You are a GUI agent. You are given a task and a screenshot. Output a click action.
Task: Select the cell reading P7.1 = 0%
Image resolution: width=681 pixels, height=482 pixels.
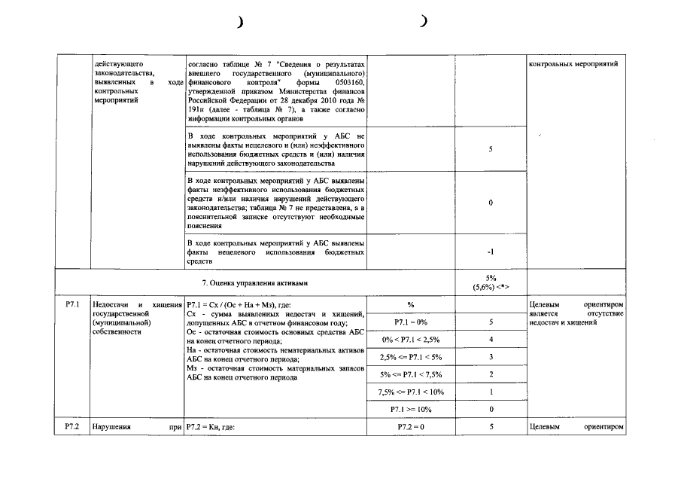[411, 322]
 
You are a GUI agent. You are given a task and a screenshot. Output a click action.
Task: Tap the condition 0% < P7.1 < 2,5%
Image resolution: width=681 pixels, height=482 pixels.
[411, 339]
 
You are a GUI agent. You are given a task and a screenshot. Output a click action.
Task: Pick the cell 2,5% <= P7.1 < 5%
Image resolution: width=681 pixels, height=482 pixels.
[411, 356]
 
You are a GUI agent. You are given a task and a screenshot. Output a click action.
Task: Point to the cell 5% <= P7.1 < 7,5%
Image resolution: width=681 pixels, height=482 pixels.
[411, 374]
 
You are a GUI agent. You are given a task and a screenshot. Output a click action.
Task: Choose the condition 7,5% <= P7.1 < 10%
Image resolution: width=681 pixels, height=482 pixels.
[411, 392]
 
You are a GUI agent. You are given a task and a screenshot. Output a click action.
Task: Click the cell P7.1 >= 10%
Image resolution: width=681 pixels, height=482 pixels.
[411, 409]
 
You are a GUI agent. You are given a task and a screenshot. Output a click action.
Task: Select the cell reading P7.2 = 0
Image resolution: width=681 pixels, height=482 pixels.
[411, 427]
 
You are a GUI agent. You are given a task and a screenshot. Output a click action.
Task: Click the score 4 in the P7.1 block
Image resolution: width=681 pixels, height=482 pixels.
[490, 339]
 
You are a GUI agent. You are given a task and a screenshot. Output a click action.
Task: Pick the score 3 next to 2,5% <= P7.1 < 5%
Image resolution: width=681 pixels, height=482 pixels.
[490, 356]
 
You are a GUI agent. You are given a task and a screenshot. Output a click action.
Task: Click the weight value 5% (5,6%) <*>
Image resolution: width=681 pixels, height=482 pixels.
[490, 282]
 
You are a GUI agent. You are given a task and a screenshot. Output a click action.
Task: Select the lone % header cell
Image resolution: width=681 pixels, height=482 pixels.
[411, 304]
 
